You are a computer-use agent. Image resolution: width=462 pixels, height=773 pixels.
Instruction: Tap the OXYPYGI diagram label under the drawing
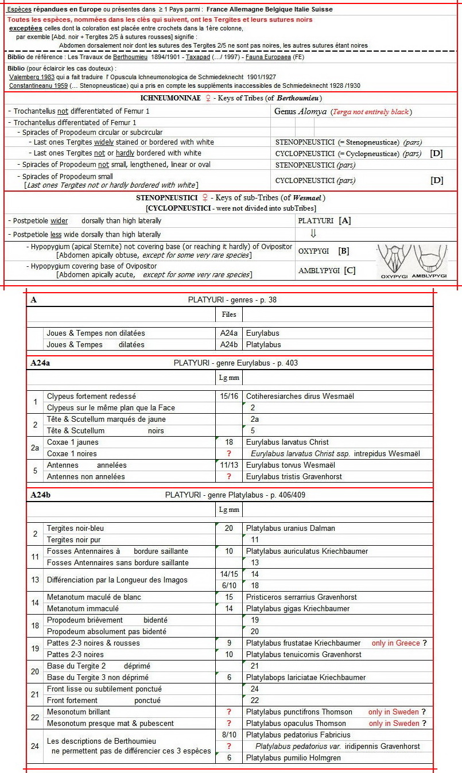(395, 276)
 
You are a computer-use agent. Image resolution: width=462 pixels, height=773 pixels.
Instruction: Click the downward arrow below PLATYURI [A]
(313, 234)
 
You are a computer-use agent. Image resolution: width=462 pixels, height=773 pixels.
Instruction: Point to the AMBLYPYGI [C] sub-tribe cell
(327, 270)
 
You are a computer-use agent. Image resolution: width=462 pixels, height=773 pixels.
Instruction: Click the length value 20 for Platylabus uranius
(229, 528)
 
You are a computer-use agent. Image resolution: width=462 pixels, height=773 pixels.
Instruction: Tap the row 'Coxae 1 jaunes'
(73, 442)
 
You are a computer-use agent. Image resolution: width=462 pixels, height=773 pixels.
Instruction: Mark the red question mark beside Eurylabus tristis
(229, 476)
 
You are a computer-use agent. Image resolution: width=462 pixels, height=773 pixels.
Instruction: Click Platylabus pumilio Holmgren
(293, 758)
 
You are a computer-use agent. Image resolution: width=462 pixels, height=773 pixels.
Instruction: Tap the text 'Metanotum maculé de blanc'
(94, 597)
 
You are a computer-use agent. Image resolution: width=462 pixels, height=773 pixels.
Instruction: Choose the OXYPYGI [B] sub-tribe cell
(324, 251)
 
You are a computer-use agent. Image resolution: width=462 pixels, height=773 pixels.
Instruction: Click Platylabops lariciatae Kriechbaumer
(306, 677)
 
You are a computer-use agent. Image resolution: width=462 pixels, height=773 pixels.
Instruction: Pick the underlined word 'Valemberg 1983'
(32, 77)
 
